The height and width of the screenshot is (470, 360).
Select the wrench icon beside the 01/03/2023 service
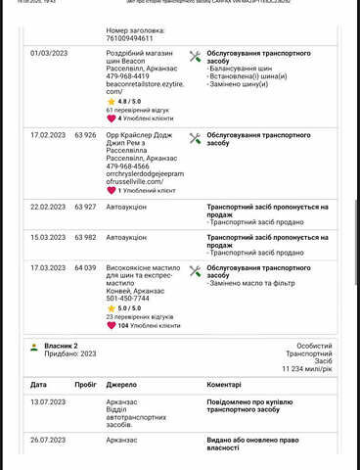194,57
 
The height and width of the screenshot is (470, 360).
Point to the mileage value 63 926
85,134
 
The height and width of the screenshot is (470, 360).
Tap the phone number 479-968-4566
127,165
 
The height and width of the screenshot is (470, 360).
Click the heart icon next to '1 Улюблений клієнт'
111,190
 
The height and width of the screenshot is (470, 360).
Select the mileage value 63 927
85,208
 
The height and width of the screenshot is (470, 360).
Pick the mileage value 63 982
85,237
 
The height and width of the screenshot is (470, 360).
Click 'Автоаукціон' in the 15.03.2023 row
127,237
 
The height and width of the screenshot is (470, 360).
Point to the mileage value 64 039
85,266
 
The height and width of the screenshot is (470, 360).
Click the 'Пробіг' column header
85,385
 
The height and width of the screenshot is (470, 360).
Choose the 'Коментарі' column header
224,385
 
